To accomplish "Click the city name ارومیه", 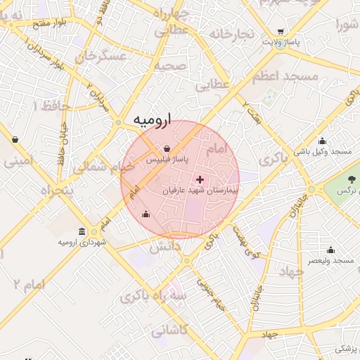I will (152, 120).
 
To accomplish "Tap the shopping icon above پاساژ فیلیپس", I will (167, 149).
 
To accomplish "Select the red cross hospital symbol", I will (200, 180).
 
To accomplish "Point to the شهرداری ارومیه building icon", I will (83, 232).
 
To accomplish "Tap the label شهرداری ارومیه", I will (83, 243).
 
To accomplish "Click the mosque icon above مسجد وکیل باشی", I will (323, 140).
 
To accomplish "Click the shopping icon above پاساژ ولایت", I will (281, 32).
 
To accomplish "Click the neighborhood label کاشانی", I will (168, 329).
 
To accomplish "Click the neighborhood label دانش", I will (167, 246).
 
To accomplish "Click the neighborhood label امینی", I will (19, 161).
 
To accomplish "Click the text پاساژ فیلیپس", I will (165, 160).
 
